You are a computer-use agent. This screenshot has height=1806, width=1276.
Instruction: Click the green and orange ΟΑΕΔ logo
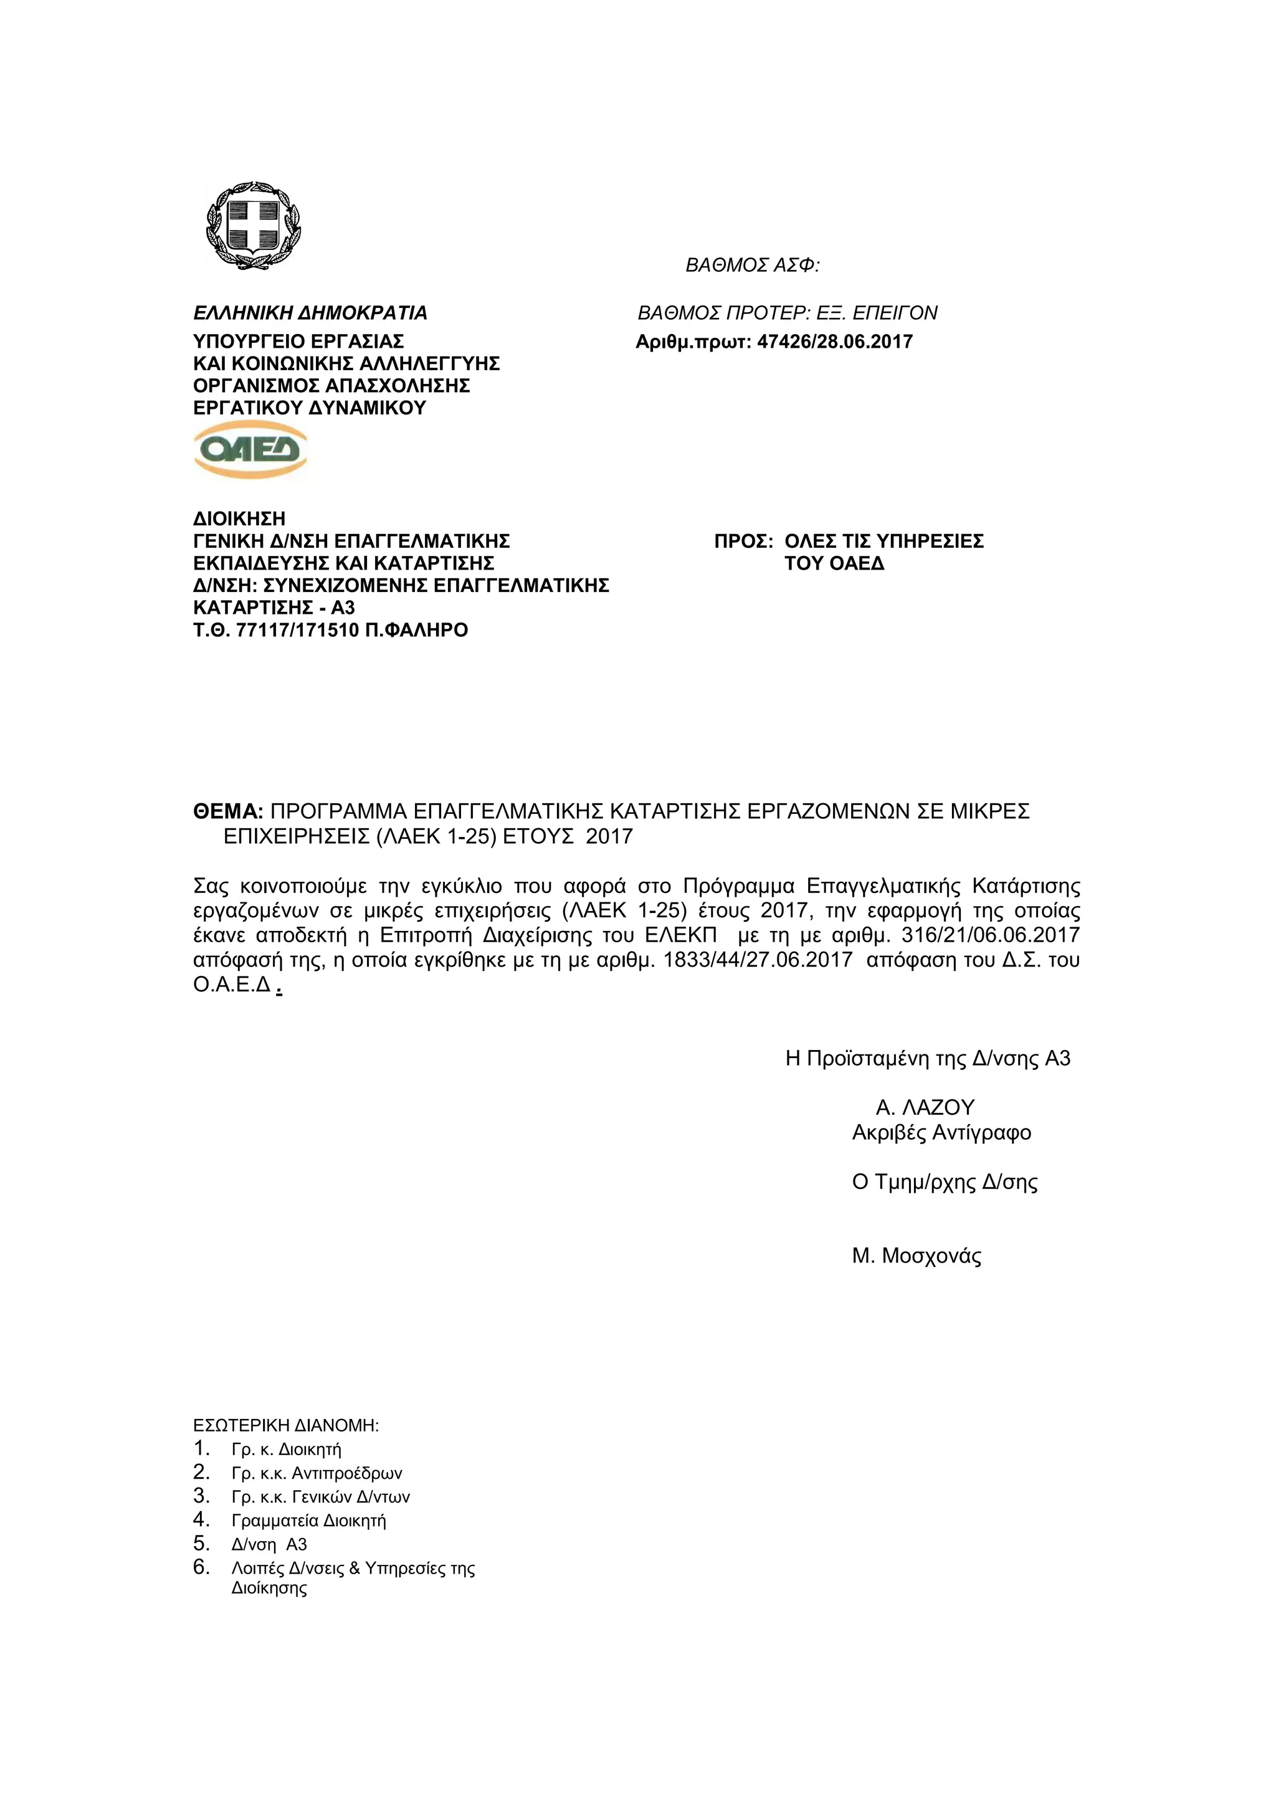tap(250, 449)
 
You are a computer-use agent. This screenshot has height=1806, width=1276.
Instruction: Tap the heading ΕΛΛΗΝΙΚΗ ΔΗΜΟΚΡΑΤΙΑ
tap(310, 313)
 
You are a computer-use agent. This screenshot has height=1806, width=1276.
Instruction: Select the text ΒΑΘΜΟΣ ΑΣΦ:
tap(753, 266)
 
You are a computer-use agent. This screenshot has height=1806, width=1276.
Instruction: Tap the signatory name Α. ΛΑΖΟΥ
tap(925, 1107)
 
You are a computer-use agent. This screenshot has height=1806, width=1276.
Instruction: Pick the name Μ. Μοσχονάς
tap(917, 1255)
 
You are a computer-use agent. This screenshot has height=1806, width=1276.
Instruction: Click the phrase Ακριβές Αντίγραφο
tap(941, 1133)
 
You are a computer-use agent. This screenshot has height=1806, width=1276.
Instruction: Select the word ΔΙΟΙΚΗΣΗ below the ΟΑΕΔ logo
tap(239, 519)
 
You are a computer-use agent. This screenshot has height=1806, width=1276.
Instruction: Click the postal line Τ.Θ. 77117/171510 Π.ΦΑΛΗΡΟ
tap(330, 630)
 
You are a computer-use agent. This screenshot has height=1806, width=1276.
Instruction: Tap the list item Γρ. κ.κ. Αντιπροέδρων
tap(316, 1473)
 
